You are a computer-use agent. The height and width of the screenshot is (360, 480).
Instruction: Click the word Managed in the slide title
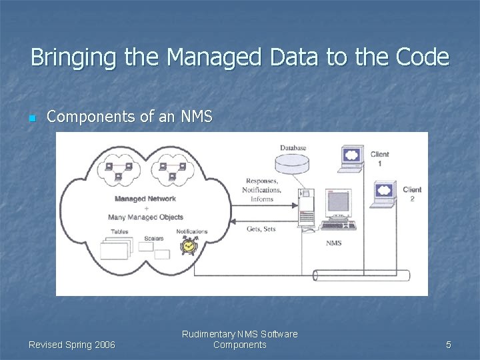(214, 57)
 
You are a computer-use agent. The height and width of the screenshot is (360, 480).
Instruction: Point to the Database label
(293, 148)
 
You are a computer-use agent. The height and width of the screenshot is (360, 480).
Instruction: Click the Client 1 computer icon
(351, 157)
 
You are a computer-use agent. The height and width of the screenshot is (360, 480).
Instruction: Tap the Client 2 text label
(412, 194)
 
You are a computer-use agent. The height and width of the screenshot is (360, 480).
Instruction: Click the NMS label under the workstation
(333, 243)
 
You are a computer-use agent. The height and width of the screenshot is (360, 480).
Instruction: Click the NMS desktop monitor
(338, 203)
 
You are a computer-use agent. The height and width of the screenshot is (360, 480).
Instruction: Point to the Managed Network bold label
(145, 199)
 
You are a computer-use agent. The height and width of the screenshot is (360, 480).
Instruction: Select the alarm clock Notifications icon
(189, 245)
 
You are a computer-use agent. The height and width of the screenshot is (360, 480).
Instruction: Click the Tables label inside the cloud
(120, 232)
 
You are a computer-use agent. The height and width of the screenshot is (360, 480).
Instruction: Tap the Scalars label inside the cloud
(153, 238)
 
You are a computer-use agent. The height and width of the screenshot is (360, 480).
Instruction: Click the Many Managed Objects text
(145, 217)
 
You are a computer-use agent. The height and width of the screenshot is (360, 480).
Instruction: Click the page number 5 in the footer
(448, 345)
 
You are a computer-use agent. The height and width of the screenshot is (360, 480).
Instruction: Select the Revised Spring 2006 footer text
(71, 345)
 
